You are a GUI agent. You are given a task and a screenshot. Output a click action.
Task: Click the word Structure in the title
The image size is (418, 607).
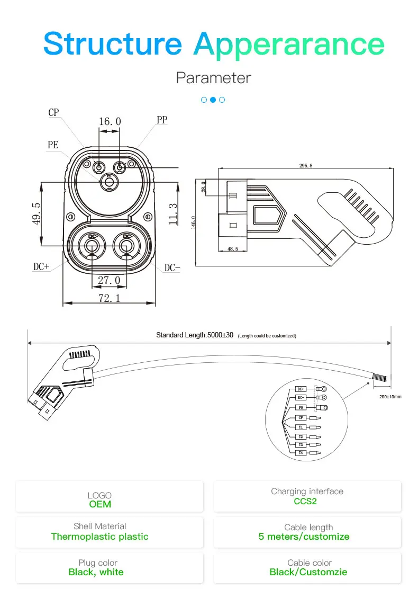tap(112, 43)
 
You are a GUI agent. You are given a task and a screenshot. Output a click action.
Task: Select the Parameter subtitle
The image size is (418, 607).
tap(213, 78)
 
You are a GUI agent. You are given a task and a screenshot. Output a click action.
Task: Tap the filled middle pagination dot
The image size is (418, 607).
tap(213, 100)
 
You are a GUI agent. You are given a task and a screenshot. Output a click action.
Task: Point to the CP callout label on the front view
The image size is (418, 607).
tap(53, 112)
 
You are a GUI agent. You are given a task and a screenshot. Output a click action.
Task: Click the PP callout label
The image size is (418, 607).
tap(162, 120)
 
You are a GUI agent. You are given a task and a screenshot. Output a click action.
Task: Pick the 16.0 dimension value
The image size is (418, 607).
tap(110, 122)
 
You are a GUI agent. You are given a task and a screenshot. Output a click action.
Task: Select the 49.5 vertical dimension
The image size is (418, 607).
tap(37, 212)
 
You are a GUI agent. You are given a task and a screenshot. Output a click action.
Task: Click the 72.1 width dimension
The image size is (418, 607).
tap(109, 298)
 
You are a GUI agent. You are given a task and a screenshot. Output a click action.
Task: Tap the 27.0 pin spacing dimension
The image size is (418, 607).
tap(109, 280)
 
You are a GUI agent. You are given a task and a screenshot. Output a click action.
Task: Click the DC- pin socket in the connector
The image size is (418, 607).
tap(126, 246)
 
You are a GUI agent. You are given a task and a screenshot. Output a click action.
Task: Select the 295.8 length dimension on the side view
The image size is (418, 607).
tap(306, 166)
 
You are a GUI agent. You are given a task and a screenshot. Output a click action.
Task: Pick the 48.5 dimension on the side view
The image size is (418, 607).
tap(232, 248)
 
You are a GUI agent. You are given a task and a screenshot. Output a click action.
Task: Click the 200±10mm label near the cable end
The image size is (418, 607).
tap(391, 397)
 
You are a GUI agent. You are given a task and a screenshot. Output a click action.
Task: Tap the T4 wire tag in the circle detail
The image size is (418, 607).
tap(301, 453)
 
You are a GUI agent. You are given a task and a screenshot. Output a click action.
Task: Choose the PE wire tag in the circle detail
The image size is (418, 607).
tap(301, 408)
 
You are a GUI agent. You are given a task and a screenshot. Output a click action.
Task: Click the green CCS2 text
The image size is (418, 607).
tap(305, 501)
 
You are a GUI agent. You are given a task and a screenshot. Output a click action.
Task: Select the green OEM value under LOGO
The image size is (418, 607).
tap(100, 504)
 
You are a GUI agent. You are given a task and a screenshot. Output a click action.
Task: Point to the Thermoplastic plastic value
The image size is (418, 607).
tap(99, 537)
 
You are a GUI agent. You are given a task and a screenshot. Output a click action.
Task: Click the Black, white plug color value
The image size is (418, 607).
tap(96, 572)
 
